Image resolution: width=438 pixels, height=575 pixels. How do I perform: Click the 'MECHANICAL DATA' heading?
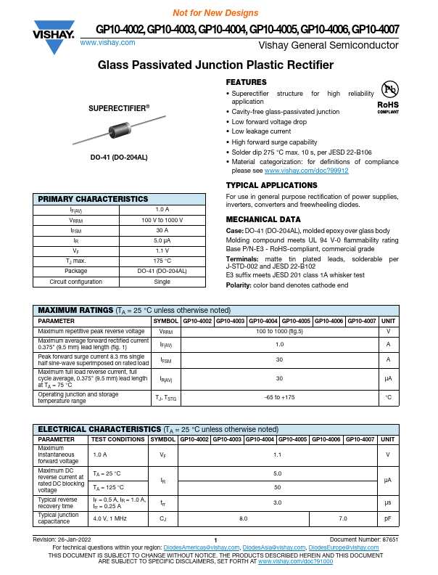(x=263, y=219)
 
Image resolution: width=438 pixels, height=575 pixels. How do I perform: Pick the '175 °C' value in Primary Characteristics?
(x=162, y=261)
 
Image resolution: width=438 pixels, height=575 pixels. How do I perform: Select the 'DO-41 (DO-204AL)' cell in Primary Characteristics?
(x=162, y=271)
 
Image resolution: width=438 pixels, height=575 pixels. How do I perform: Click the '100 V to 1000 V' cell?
(x=162, y=220)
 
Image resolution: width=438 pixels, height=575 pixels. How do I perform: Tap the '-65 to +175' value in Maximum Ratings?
(x=279, y=396)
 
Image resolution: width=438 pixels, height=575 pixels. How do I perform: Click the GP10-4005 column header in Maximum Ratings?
(x=296, y=320)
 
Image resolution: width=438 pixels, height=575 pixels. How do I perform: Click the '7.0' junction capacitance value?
(x=343, y=518)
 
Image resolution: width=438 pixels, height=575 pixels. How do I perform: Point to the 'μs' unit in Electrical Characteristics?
(x=388, y=502)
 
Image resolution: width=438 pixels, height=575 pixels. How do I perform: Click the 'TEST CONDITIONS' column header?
(x=117, y=439)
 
